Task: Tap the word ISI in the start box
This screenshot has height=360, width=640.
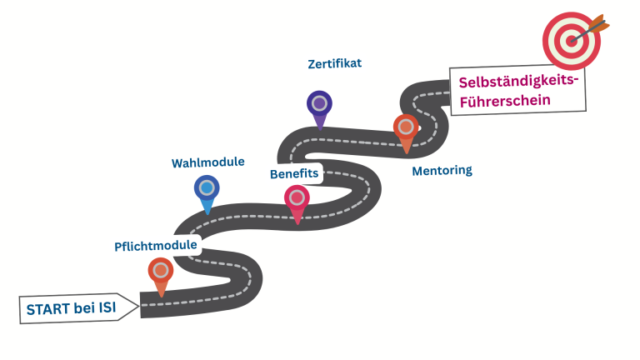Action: tap(107, 309)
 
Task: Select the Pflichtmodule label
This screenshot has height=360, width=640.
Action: tap(156, 246)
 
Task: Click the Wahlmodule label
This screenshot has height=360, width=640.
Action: tap(208, 162)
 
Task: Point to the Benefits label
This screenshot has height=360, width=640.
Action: tap(294, 174)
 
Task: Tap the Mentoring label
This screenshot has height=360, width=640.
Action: tap(442, 171)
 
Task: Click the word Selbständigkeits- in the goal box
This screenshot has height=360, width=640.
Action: tap(517, 81)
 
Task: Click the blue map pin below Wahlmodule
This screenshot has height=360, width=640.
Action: tap(207, 188)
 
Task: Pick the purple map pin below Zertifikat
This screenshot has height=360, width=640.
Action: tap(319, 104)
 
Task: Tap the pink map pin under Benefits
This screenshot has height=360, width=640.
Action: tap(297, 199)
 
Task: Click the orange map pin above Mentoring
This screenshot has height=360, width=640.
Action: tap(406, 128)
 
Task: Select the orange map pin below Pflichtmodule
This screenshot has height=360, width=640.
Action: tap(161, 271)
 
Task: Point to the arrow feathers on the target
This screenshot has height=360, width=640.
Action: tap(602, 20)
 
